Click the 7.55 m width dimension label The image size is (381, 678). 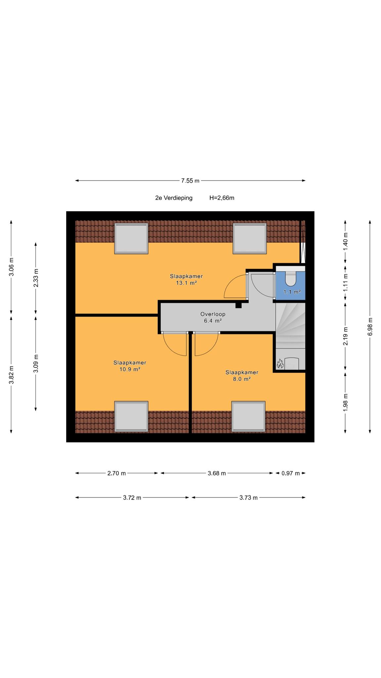[190, 181]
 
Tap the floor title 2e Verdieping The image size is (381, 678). [174, 198]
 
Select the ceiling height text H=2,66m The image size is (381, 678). [222, 198]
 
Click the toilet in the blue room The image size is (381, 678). [291, 279]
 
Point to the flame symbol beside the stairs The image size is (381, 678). [279, 364]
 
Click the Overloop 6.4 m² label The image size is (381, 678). [213, 317]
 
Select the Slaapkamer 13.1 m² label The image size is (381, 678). [187, 279]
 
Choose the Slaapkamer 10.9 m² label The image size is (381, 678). [130, 366]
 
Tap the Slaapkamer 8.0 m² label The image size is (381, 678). [242, 375]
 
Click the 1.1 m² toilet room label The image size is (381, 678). [292, 292]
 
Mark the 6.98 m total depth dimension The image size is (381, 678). [370, 326]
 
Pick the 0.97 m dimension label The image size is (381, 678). [291, 473]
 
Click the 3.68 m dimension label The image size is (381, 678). [217, 473]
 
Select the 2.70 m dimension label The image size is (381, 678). [116, 473]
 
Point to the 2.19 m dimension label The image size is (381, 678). [346, 336]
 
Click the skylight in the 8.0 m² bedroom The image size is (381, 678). [248, 416]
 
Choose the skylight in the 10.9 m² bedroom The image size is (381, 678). [131, 416]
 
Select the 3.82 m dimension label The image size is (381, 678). [11, 374]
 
